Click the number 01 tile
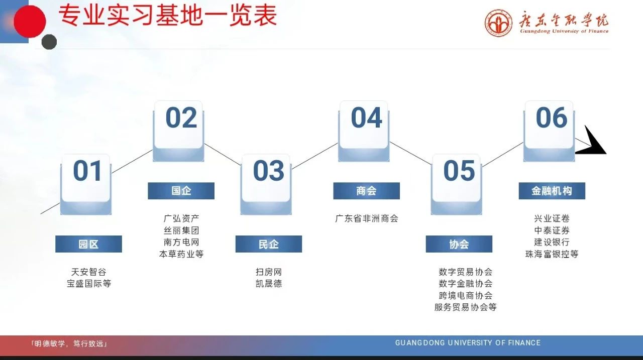click(x=86, y=184)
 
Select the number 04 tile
click(x=364, y=131)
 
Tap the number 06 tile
click(x=549, y=131)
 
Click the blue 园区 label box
click(x=88, y=244)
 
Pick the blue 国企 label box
click(x=181, y=191)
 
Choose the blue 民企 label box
click(x=269, y=244)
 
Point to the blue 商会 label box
click(x=367, y=191)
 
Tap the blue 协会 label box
click(x=459, y=244)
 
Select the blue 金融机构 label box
click(x=552, y=191)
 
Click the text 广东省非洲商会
click(x=367, y=218)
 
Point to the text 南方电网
click(x=181, y=242)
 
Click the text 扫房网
click(x=269, y=272)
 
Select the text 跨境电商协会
click(x=465, y=295)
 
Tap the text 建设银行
click(x=552, y=242)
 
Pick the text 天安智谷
click(x=89, y=272)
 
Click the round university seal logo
click(x=499, y=23)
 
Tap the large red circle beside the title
click(x=30, y=22)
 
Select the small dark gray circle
click(x=49, y=42)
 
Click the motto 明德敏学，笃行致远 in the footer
click(x=69, y=343)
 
